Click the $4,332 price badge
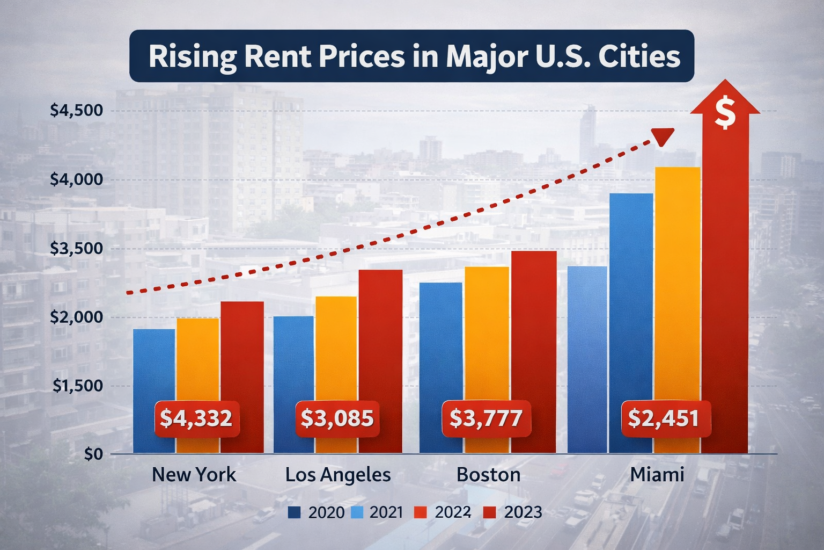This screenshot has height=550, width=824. coord(196,418)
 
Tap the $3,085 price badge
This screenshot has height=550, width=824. coord(337,418)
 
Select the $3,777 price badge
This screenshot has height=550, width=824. coord(485,418)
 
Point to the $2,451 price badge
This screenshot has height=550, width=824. coord(665,418)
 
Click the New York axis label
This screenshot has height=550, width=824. coord(194,475)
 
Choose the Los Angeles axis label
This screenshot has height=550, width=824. coord(338,475)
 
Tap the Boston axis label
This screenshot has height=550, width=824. coord(488,475)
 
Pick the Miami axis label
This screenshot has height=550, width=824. coord(657,475)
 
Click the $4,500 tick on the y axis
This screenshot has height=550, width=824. coord(76,111)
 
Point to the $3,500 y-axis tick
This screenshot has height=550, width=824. coord(76,249)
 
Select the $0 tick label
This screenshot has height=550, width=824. coord(93,454)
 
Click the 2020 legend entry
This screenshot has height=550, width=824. coord(317,512)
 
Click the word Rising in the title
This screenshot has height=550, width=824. coord(192,57)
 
